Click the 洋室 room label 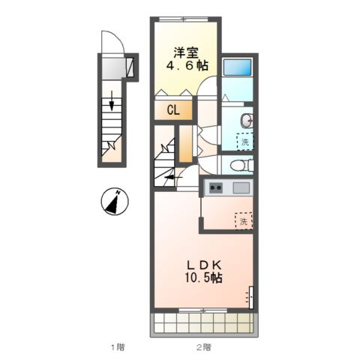point(186,52)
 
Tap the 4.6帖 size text point(187,66)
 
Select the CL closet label point(173,109)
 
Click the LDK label point(203,265)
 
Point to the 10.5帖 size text point(203,277)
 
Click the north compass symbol point(115,202)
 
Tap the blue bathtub point(237,67)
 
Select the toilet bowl point(241,165)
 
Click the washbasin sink point(247,121)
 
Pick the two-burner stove point(215,187)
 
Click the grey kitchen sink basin point(241,187)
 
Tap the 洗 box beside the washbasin point(245,142)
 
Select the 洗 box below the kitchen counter point(244,220)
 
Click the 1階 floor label point(118,347)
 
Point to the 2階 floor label point(203,347)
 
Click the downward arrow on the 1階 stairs point(112,100)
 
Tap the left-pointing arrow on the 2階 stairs point(173,177)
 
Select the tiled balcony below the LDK point(204,322)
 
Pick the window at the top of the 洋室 point(184,19)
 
